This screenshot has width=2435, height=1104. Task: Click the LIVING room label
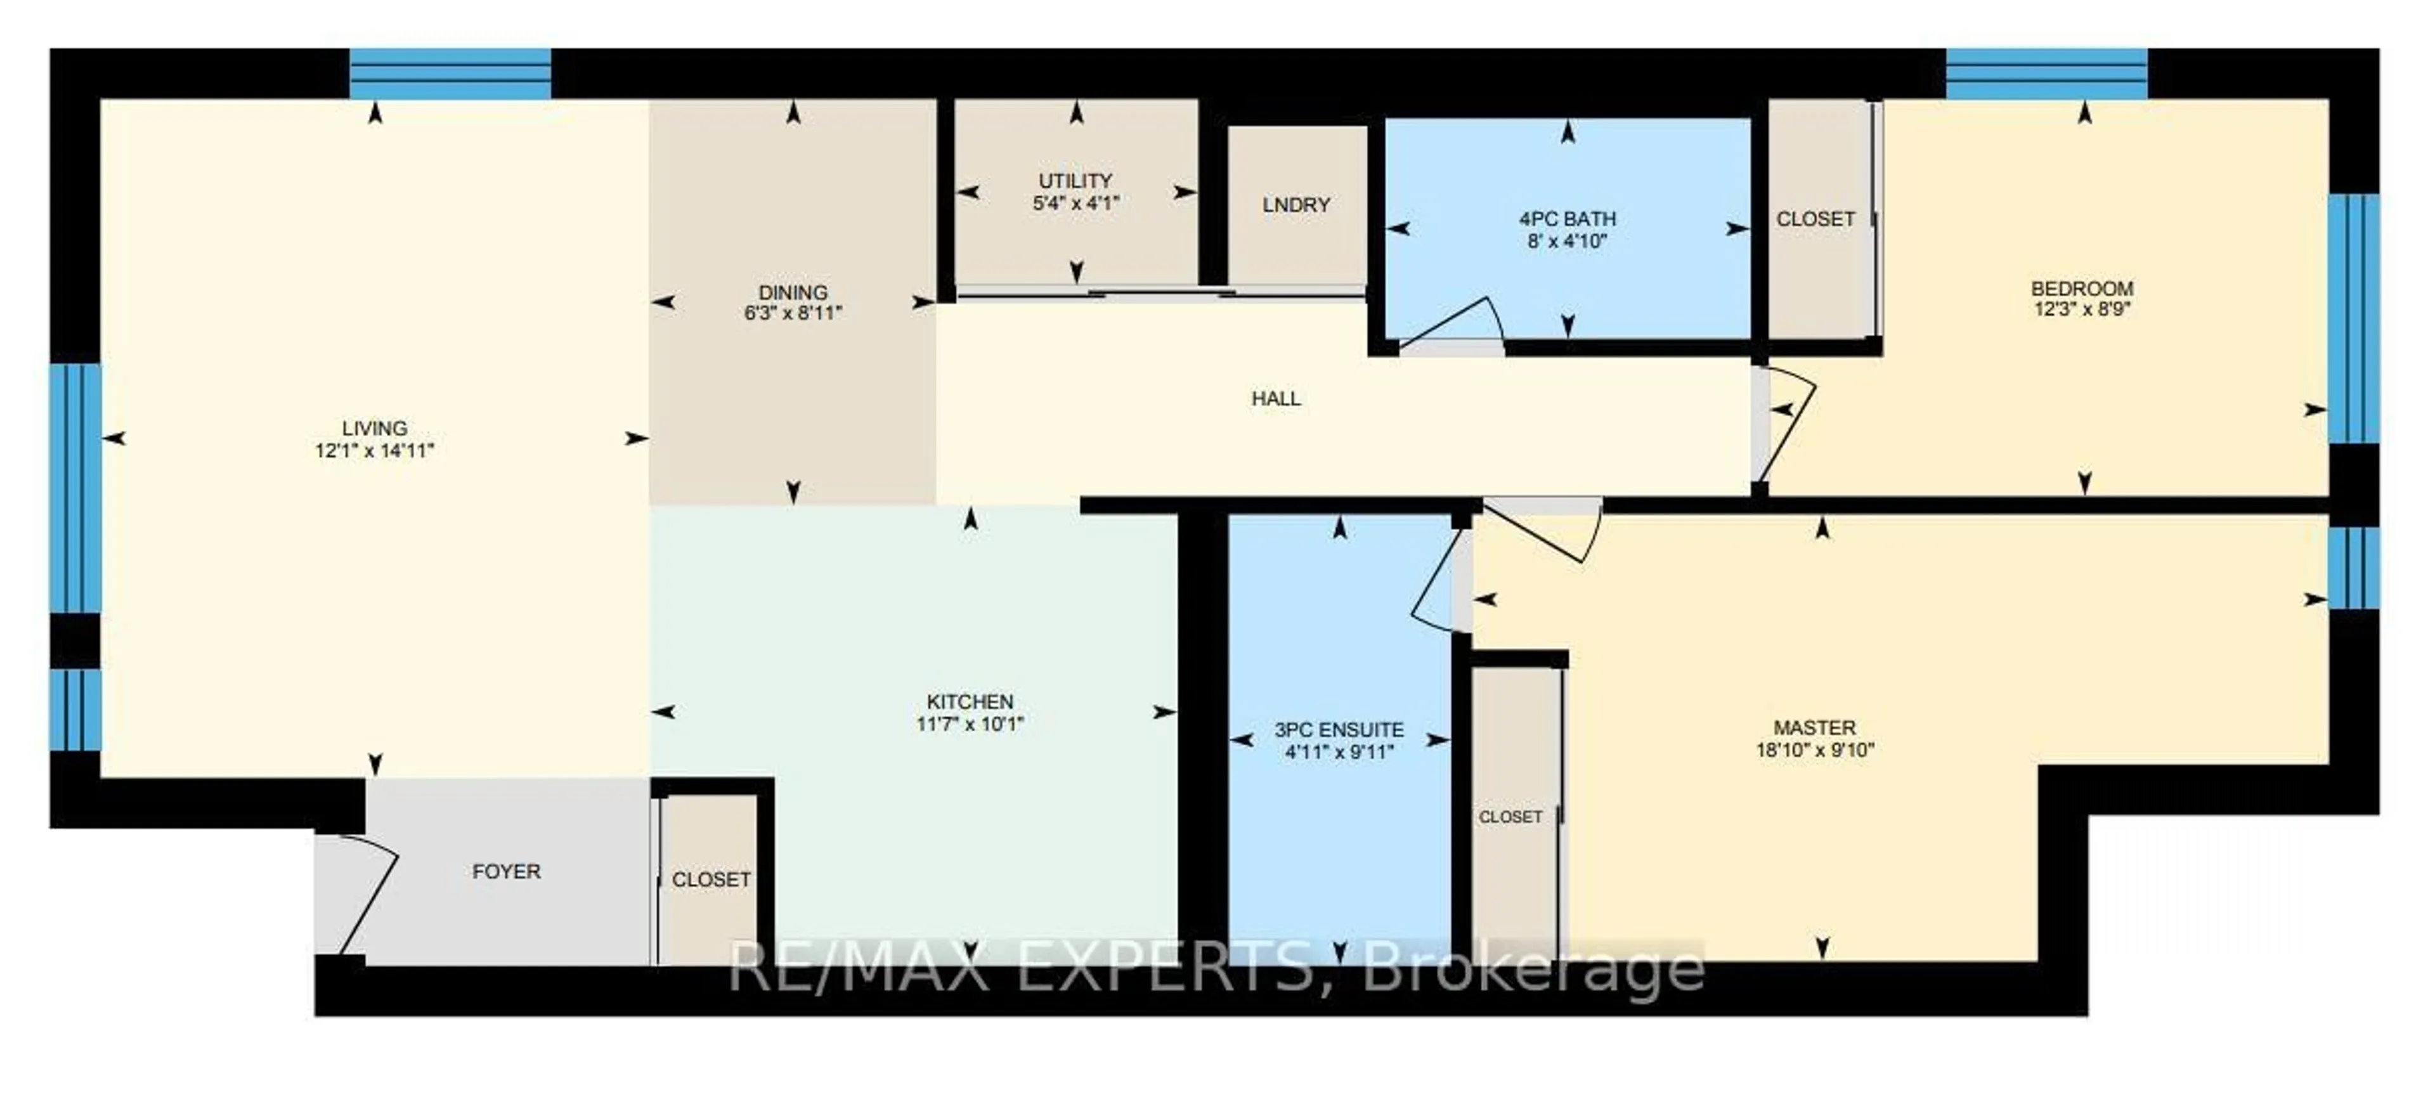coord(374,428)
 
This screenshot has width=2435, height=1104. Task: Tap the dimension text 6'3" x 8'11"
coord(792,313)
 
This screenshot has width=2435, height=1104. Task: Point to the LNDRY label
coord(1296,204)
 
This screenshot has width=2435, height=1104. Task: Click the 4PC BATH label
coord(1568,218)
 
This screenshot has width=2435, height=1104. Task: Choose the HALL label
coord(1276,398)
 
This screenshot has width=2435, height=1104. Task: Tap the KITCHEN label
coord(970,701)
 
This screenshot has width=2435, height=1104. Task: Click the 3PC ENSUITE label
coord(1339,730)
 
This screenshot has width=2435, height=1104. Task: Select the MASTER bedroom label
coord(1814,727)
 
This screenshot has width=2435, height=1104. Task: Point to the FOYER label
coord(507,871)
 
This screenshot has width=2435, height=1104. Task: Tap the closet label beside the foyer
coord(711,879)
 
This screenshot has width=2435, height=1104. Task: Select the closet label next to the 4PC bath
coord(1815,218)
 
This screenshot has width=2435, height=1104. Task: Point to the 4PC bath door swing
coord(1451,326)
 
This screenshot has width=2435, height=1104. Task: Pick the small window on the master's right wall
coord(2353,567)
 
